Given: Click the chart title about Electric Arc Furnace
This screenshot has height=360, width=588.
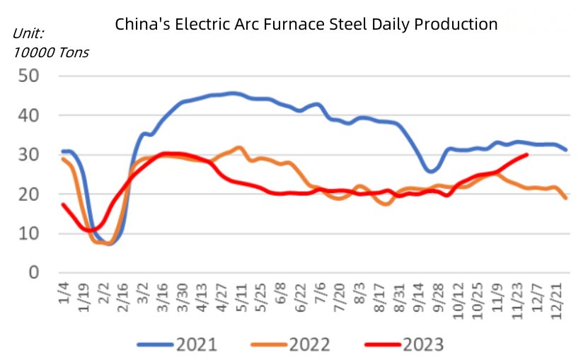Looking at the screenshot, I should (x=306, y=24).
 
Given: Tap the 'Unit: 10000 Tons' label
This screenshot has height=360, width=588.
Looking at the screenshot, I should (x=50, y=43).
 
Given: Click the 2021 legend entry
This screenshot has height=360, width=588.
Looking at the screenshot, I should (x=176, y=345).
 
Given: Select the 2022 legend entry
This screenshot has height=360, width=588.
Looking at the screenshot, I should (x=291, y=345).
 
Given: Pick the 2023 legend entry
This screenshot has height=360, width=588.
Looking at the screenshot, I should (x=404, y=345).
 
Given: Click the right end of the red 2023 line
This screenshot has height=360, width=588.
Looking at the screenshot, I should (x=527, y=154).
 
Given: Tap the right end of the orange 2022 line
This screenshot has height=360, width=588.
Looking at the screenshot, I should (x=567, y=198).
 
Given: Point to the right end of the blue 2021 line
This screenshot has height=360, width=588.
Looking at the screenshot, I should (x=567, y=150).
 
